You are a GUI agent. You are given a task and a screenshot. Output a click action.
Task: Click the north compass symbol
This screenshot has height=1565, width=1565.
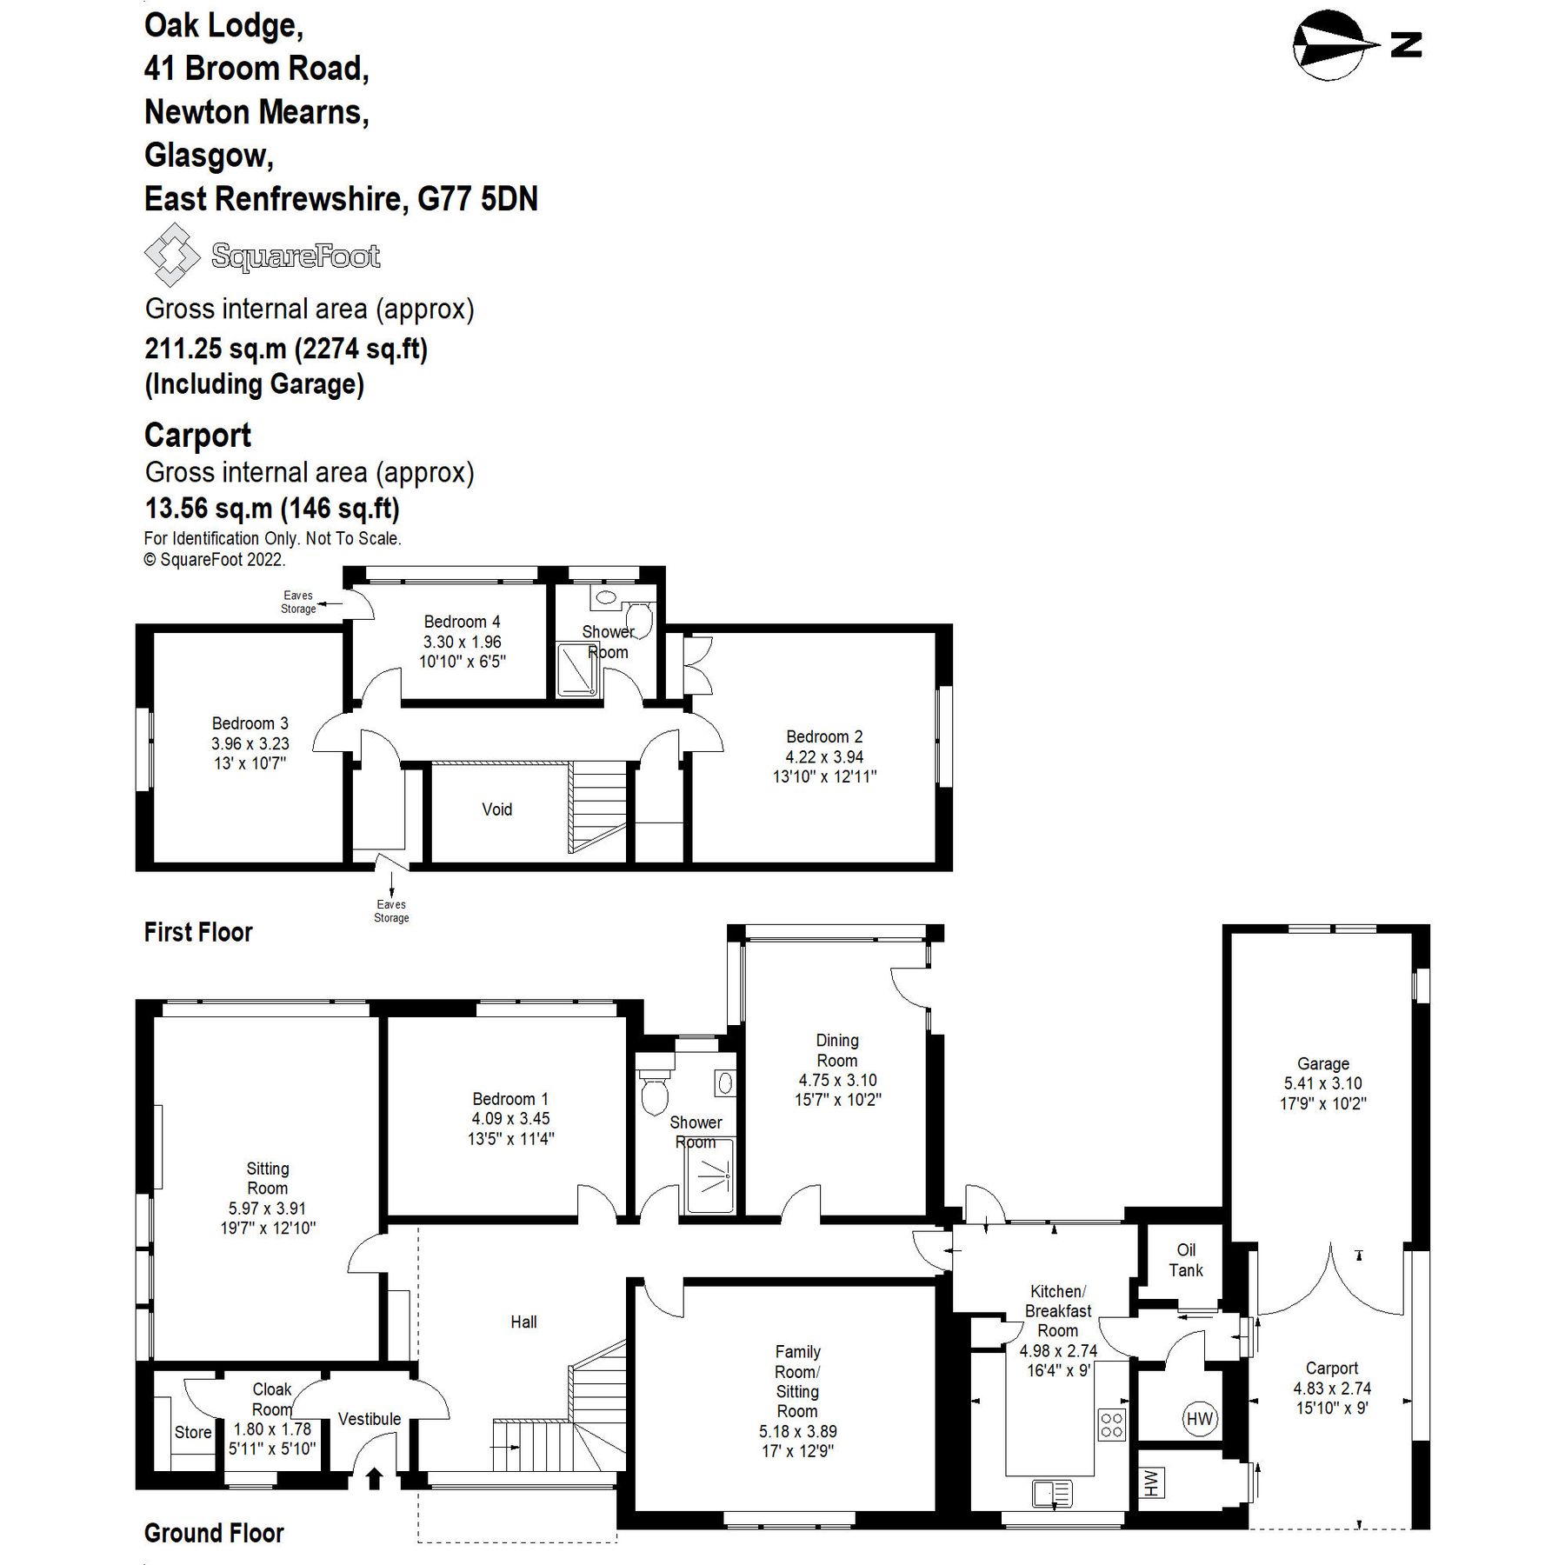pyautogui.click(x=1329, y=45)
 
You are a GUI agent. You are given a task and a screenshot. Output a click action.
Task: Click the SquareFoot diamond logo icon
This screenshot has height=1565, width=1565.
pyautogui.click(x=171, y=255)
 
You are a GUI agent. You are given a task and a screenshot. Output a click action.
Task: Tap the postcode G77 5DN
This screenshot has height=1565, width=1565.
pyautogui.click(x=477, y=199)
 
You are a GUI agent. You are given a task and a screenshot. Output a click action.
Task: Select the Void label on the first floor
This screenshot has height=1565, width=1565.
pyautogui.click(x=496, y=809)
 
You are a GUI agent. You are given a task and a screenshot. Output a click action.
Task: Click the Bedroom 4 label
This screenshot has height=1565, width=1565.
pyautogui.click(x=462, y=622)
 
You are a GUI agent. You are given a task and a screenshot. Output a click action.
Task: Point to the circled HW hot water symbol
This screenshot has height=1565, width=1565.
pyautogui.click(x=1199, y=1419)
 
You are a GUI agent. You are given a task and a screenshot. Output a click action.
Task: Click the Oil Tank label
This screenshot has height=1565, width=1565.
pyautogui.click(x=1185, y=1260)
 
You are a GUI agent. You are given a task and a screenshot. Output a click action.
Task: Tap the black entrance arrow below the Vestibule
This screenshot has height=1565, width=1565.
pyautogui.click(x=375, y=1477)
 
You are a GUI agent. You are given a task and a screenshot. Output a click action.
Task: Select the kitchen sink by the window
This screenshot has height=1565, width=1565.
pyautogui.click(x=1052, y=1494)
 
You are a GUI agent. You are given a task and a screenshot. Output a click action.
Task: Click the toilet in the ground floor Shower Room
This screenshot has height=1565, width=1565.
pyautogui.click(x=654, y=1094)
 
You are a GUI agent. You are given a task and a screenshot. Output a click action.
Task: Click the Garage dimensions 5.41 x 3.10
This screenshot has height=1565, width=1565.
pyautogui.click(x=1322, y=1083)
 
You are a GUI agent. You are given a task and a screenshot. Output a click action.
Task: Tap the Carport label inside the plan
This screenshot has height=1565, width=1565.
pyautogui.click(x=1331, y=1368)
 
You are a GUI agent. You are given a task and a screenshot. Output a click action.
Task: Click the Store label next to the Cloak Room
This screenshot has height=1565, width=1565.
pyautogui.click(x=193, y=1432)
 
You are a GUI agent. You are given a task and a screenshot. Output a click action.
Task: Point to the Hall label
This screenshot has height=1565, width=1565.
pyautogui.click(x=523, y=1322)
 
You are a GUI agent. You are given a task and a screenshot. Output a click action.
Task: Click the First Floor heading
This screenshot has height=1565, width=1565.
pyautogui.click(x=198, y=932)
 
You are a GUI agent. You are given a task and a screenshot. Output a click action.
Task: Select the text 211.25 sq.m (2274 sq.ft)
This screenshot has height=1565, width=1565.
pyautogui.click(x=286, y=349)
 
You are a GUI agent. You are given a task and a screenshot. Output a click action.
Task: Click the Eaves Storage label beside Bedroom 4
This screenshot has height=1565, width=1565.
pyautogui.click(x=297, y=602)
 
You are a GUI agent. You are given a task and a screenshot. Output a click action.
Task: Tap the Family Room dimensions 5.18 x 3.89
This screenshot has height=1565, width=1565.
pyautogui.click(x=797, y=1430)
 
